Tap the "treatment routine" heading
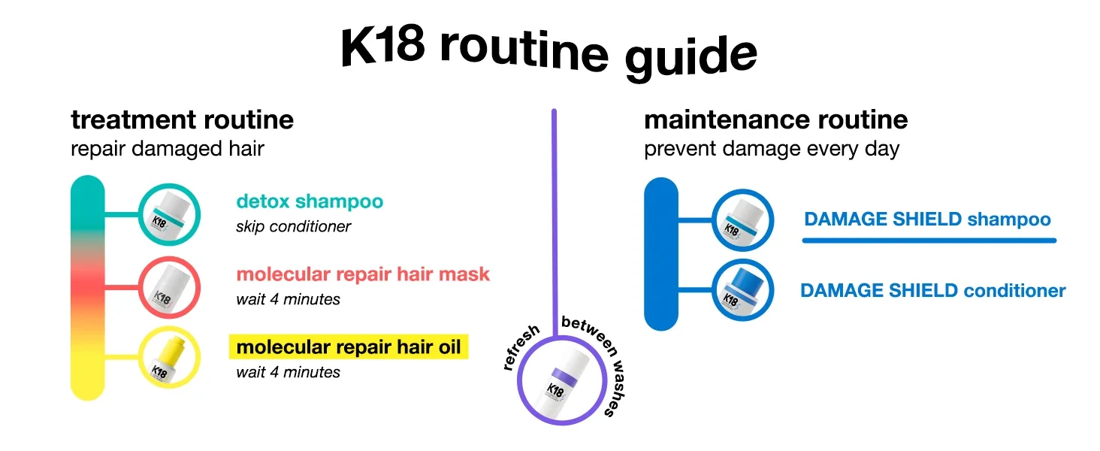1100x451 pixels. (x=182, y=120)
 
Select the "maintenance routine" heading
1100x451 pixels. (x=775, y=120)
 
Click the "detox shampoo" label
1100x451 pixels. (x=310, y=201)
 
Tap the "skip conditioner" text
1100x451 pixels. (x=293, y=226)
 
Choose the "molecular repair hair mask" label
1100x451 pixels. (x=363, y=274)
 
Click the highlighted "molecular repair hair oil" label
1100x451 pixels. (x=349, y=347)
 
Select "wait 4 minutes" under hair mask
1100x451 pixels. (x=288, y=299)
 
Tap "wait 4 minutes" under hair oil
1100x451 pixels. (x=288, y=372)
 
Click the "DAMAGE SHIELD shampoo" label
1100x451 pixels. (x=927, y=219)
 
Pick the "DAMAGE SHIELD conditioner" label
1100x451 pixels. (x=932, y=290)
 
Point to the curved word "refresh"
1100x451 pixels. (x=521, y=348)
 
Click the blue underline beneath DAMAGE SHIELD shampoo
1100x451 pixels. (x=929, y=241)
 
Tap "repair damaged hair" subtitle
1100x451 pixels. (x=167, y=148)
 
